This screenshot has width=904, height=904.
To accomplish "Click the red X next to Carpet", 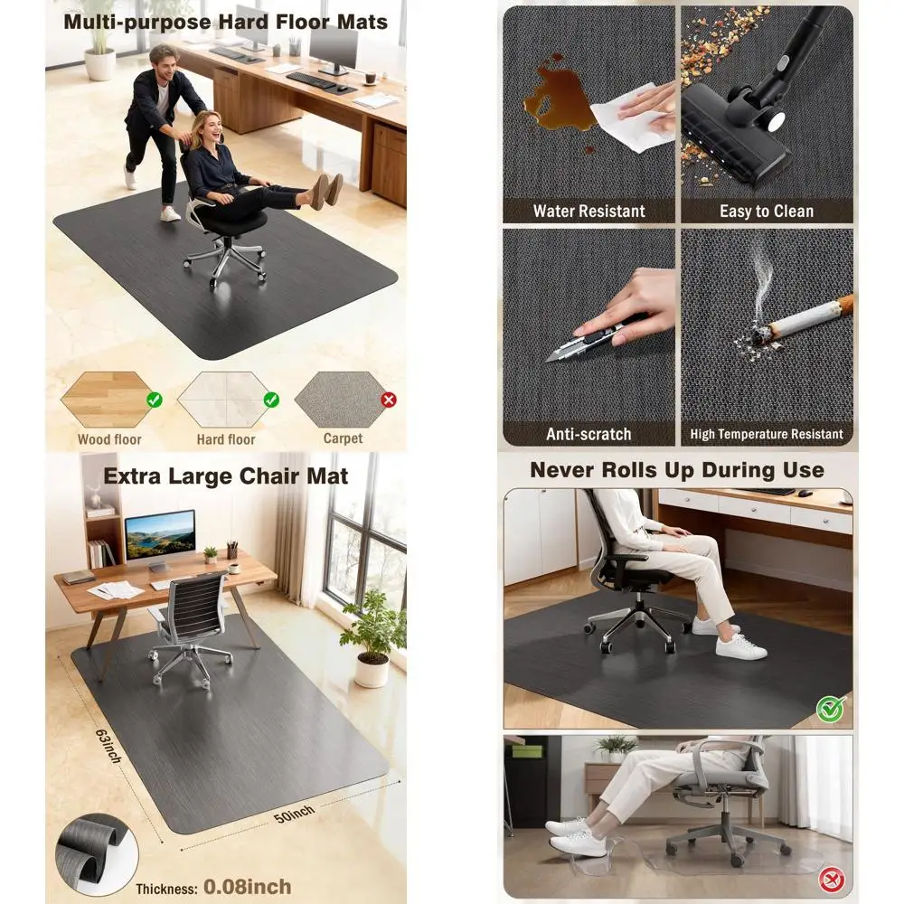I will click(x=389, y=400).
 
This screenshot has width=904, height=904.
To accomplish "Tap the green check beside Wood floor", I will click(x=155, y=399).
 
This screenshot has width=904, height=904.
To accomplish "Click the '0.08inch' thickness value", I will click(x=247, y=885).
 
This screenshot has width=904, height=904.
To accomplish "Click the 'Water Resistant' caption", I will click(x=589, y=212).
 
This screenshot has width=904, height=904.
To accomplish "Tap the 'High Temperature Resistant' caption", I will click(x=767, y=434).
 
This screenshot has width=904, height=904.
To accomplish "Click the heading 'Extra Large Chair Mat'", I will click(x=225, y=476).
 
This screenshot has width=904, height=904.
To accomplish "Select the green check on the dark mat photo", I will click(x=830, y=709).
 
